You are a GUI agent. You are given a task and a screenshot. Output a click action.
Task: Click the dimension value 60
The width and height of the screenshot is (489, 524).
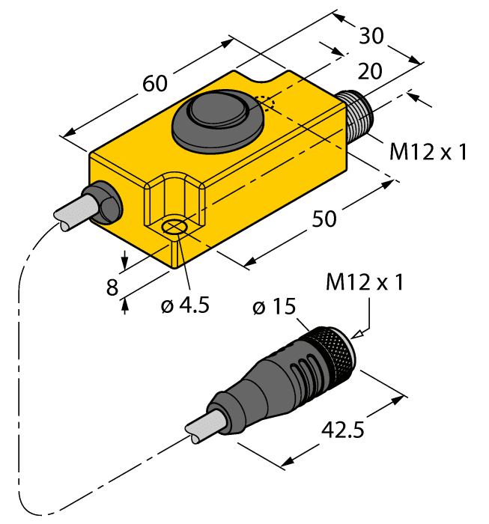(x=155, y=84)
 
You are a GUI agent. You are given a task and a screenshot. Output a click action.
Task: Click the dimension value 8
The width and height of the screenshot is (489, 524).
(x=112, y=287)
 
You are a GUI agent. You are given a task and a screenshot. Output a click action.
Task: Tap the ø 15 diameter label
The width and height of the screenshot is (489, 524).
(x=274, y=307)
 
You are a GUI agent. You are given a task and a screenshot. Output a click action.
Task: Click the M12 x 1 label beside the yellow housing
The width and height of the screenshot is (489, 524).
(x=428, y=152)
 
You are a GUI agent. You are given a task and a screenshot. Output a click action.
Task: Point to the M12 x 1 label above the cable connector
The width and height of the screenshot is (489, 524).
(x=365, y=283)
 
